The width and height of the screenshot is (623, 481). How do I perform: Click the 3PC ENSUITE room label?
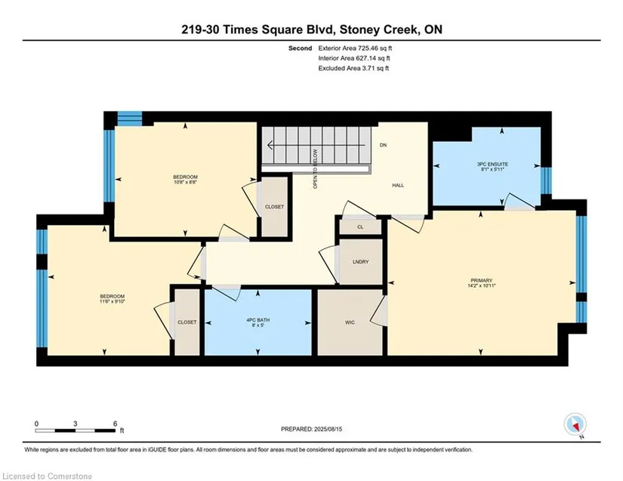pos(492,164)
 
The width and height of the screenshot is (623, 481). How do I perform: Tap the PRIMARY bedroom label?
pos(481,280)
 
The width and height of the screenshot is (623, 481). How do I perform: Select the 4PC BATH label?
pos(258,320)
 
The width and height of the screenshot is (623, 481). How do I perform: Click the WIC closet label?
pos(350,322)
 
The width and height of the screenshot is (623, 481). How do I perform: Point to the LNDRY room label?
pos(360,262)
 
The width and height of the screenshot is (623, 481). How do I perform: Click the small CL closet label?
pos(360,227)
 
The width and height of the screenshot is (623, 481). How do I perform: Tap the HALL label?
pos(398,186)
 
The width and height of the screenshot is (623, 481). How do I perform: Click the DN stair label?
pos(383,146)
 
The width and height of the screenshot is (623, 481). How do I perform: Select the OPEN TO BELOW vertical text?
pos(316,169)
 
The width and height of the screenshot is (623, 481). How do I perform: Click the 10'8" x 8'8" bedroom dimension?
pos(185,182)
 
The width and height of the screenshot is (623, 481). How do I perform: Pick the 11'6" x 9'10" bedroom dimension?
pos(112,301)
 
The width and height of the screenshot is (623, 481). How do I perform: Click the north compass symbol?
pos(575,424)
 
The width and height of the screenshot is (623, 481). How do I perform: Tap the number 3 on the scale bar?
pos(75,424)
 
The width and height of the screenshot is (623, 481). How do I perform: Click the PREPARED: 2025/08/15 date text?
pos(311,429)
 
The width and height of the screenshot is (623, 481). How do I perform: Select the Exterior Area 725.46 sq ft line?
pos(355,48)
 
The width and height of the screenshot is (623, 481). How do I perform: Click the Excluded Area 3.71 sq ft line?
pos(353,68)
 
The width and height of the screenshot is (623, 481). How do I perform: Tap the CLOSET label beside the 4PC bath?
pos(187,322)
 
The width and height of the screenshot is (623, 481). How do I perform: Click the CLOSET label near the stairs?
pos(274,207)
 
